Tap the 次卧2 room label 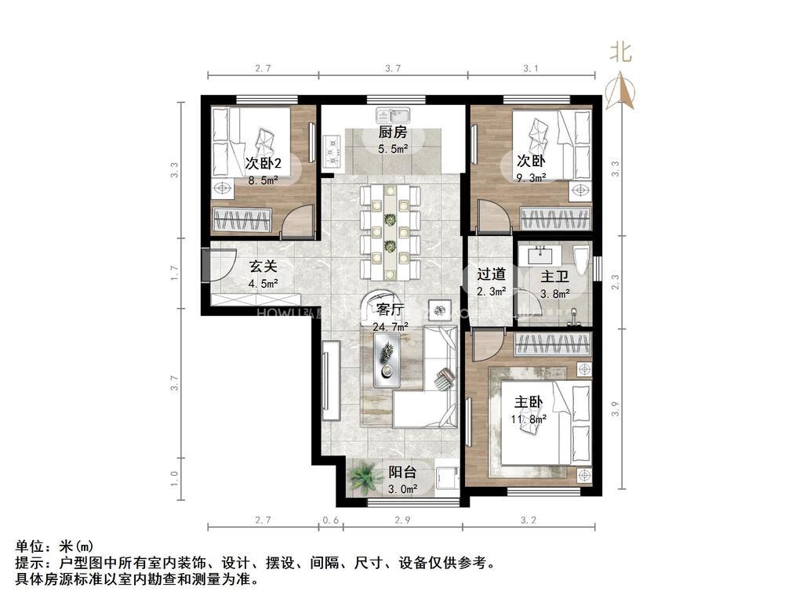point(263,163)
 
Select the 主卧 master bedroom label point(529,401)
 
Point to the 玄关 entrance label point(263,267)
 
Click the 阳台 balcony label point(402,473)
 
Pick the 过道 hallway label point(491,274)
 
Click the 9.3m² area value point(530,178)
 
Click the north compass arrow point(625,90)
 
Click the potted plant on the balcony point(363,476)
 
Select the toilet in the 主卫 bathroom point(581,259)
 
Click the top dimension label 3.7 point(394,69)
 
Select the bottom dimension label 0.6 point(331,520)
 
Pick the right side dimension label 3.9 point(616,408)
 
